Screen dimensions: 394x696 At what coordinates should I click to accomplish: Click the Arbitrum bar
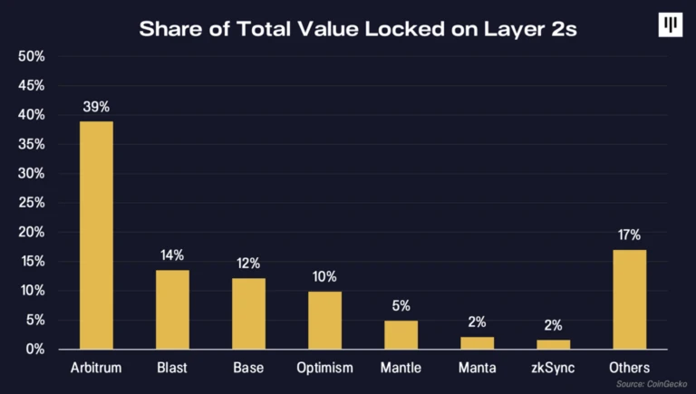[x=96, y=235]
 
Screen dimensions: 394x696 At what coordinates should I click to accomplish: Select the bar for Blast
[x=172, y=309]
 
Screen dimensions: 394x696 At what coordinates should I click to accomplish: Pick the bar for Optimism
[x=324, y=320]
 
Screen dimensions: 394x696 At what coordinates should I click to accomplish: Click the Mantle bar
[x=401, y=334]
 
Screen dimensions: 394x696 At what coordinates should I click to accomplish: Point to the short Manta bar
[x=477, y=343]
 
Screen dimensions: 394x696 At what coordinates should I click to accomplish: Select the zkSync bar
[x=553, y=344]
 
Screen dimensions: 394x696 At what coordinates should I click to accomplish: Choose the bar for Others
[x=629, y=299]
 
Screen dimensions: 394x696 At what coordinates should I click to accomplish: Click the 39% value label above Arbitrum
[x=96, y=107]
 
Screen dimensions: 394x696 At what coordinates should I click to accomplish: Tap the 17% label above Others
[x=629, y=235]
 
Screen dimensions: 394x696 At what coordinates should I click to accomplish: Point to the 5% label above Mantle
[x=401, y=306]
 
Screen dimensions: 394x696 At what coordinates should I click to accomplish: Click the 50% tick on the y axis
[x=32, y=56]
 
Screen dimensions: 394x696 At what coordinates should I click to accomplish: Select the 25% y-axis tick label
[x=32, y=202]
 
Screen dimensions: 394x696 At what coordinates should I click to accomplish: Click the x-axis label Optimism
[x=324, y=369]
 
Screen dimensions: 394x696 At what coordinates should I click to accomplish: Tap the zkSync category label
[x=553, y=369]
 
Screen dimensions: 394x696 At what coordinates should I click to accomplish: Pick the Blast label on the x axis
[x=172, y=369]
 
